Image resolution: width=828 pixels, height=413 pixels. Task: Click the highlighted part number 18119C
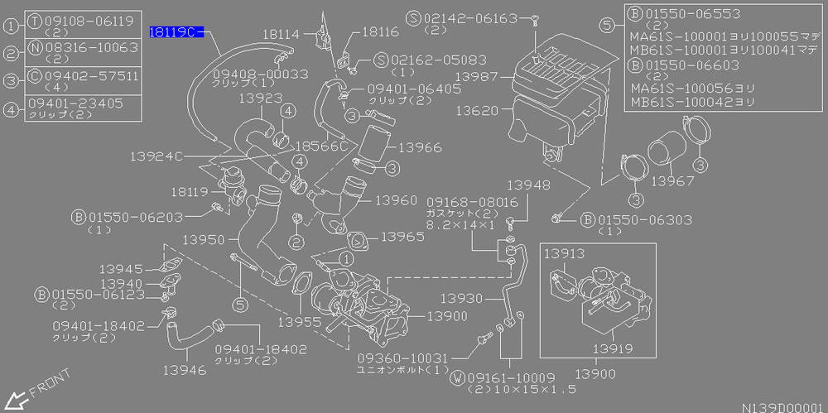[x=174, y=32]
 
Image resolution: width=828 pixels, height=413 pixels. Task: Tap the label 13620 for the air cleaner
[x=474, y=108]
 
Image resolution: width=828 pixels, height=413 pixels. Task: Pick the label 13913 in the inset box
[x=565, y=254]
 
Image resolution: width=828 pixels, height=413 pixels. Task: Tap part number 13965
[x=403, y=237]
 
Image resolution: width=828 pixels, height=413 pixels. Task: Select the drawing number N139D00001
[x=782, y=406]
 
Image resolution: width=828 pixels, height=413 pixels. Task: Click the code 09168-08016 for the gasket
[x=472, y=201]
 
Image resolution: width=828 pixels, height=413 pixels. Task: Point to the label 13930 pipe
[x=461, y=298]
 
